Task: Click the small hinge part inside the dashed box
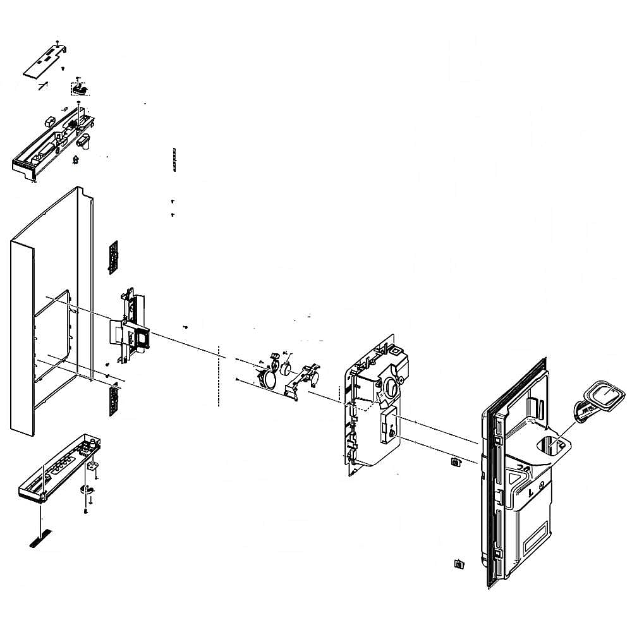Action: [x=79, y=88]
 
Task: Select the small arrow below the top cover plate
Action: [x=43, y=85]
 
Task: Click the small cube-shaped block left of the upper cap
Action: [x=49, y=120]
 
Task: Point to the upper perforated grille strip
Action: [x=114, y=257]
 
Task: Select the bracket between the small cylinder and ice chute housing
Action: [x=303, y=379]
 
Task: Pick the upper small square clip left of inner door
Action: [x=455, y=463]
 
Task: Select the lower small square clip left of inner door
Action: [x=459, y=563]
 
